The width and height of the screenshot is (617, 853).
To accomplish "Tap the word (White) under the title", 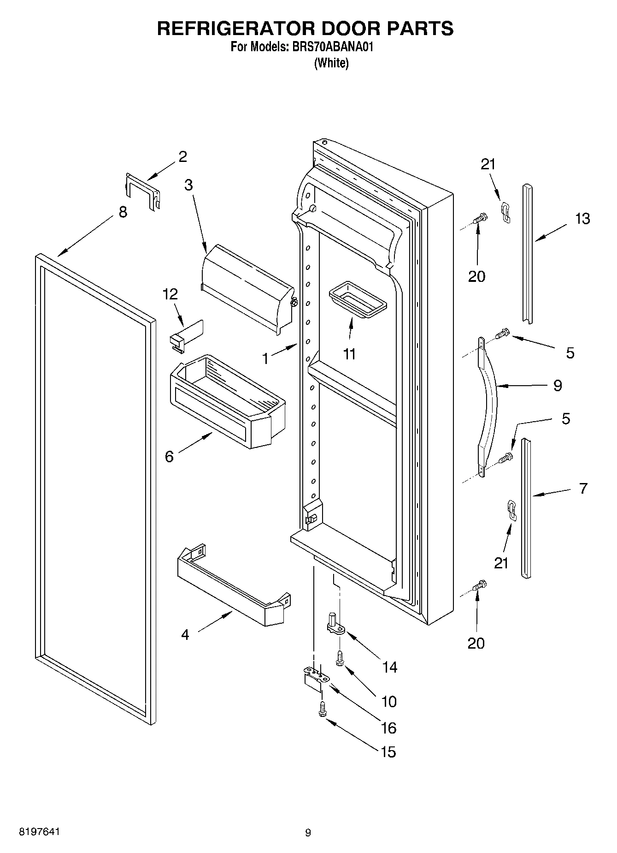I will point(331,63).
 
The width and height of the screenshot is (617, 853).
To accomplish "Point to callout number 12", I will point(170,294).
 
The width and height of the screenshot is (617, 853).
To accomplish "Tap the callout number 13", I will point(582,218).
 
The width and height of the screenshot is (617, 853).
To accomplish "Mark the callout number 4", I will point(185,635).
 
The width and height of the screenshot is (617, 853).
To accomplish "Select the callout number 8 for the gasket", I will point(123,213).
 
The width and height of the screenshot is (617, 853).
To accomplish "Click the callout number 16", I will point(389,728).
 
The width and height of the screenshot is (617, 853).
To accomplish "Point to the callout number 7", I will point(583,488).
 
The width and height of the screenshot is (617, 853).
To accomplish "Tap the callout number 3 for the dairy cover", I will point(188,185).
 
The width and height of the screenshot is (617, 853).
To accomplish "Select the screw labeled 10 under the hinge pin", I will point(340,657).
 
